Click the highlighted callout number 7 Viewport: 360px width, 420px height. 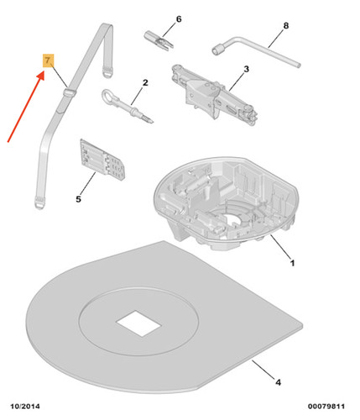48,60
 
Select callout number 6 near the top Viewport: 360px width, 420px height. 179,19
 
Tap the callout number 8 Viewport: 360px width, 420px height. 285,26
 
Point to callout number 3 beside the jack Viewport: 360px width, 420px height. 246,69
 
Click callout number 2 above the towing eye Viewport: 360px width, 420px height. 145,83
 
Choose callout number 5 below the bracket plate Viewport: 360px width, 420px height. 78,199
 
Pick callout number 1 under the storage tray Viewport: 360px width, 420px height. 292,263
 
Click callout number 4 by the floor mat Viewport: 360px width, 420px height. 278,382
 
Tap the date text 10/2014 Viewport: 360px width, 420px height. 25,407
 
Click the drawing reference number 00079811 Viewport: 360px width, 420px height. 326,407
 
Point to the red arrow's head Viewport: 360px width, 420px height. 41,75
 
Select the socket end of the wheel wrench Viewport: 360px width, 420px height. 217,50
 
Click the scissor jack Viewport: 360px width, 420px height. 214,95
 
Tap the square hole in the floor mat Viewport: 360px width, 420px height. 138,323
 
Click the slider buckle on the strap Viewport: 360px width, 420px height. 69,92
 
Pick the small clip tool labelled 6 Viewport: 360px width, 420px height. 159,41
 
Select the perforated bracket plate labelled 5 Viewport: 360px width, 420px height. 102,160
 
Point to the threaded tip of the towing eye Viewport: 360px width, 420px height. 149,119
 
